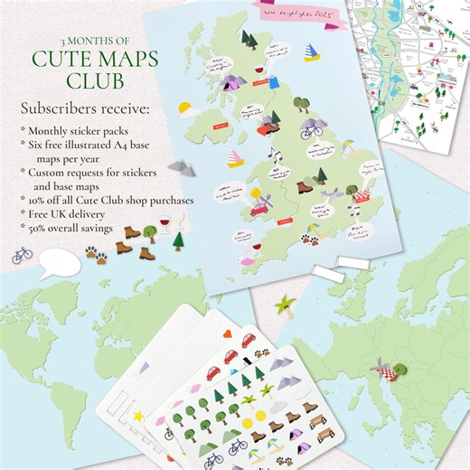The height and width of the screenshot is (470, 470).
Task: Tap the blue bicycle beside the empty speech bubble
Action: (22, 255)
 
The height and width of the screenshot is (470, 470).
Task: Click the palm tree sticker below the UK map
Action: (287, 303)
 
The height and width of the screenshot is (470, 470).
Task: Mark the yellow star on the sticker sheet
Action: (138, 415)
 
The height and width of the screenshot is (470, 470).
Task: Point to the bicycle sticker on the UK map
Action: (312, 131)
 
